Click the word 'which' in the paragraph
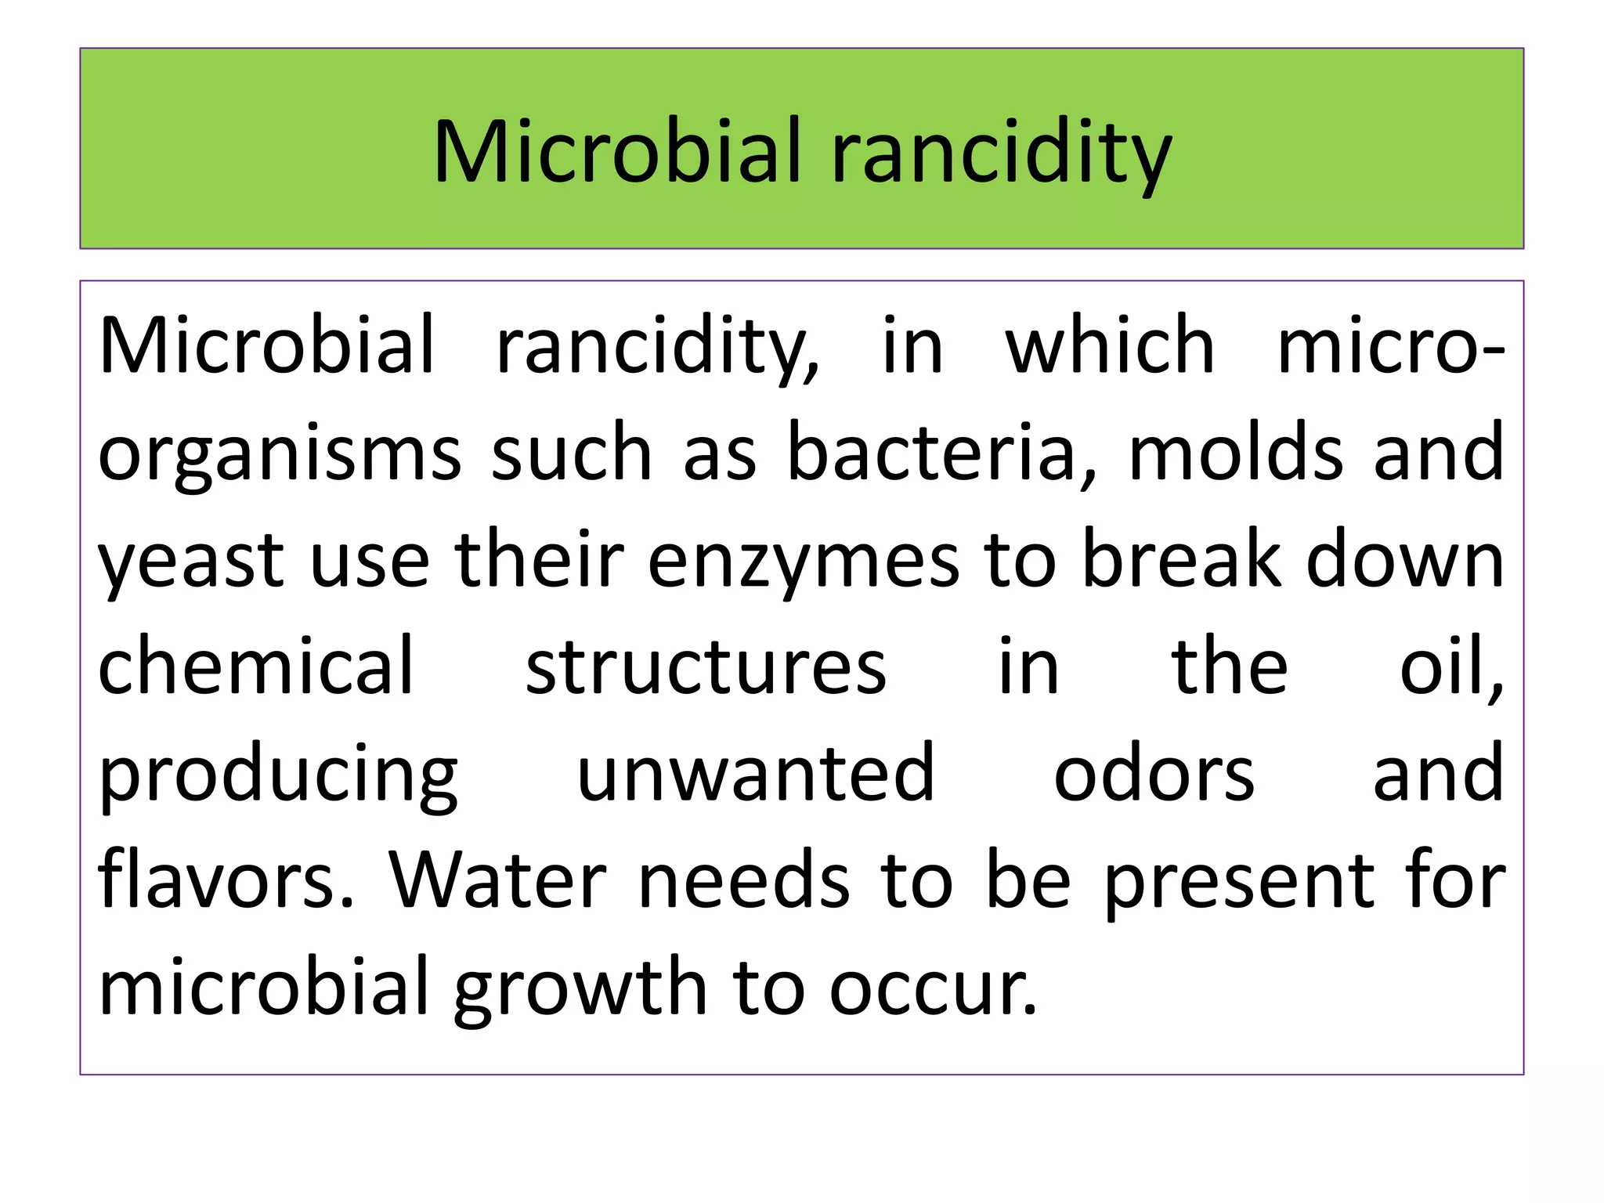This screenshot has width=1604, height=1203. coord(1110,345)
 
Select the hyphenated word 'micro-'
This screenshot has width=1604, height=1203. coord(1390,345)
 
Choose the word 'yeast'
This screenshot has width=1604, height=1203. coord(190,561)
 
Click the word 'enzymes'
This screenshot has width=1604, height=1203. coord(803,561)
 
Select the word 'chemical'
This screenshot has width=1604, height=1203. coord(255,666)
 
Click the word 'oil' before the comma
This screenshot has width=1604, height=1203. coord(1444,666)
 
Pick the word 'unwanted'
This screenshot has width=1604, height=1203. coord(756,774)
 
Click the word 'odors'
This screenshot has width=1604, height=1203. coord(1154,774)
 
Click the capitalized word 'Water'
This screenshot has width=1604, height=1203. coord(498,880)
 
